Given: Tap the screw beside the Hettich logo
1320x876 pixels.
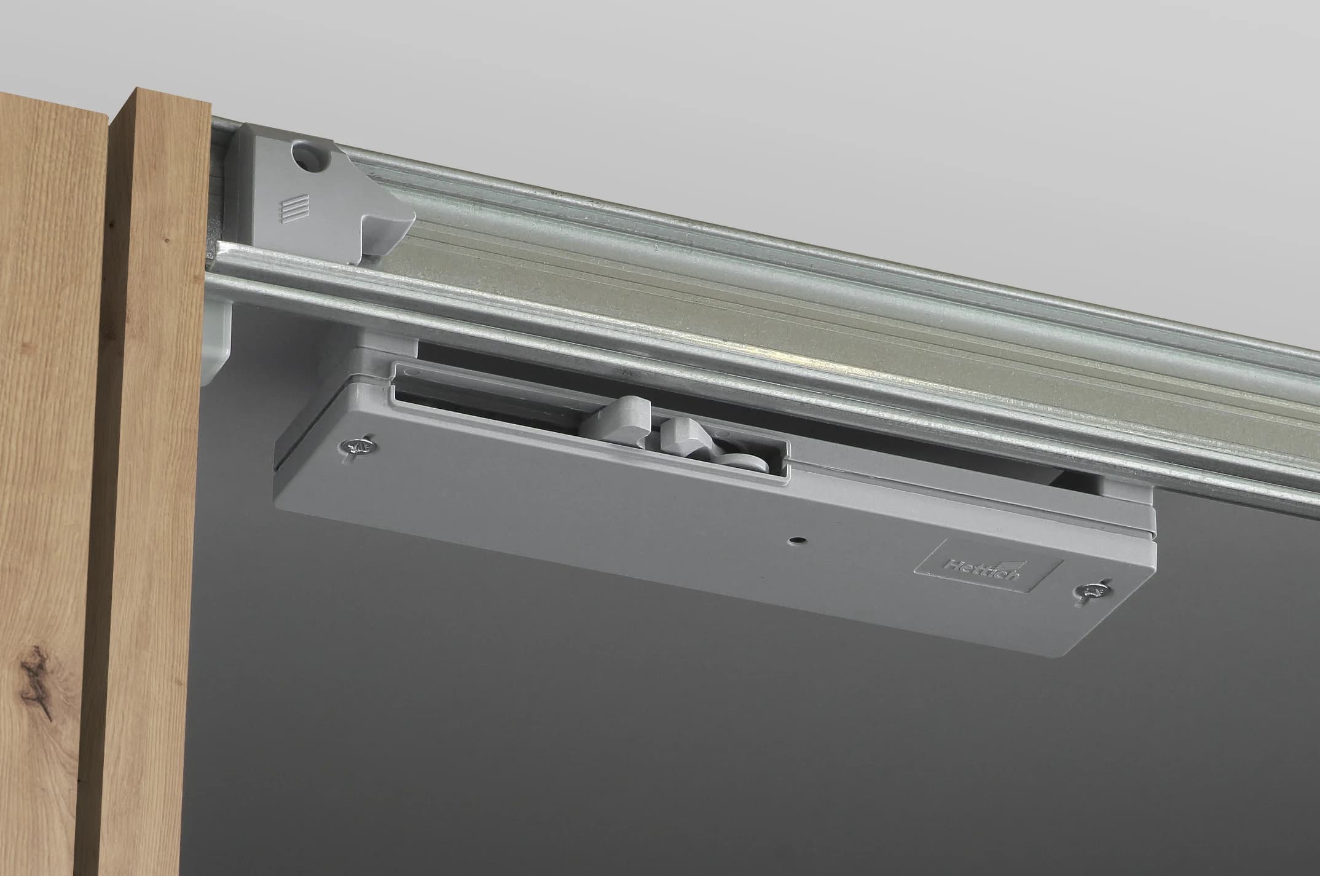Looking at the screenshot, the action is pos(1091,592).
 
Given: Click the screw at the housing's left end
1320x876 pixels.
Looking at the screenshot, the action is pos(358,447).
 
